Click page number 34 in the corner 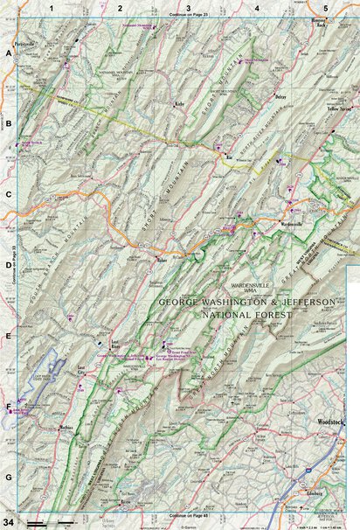10,522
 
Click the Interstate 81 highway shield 307,471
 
